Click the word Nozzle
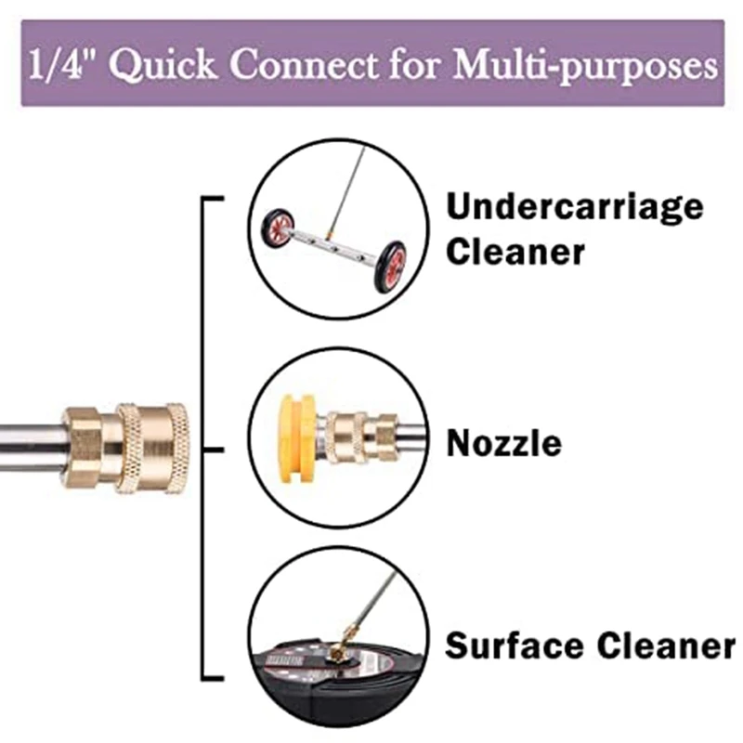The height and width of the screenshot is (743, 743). click(x=504, y=443)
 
